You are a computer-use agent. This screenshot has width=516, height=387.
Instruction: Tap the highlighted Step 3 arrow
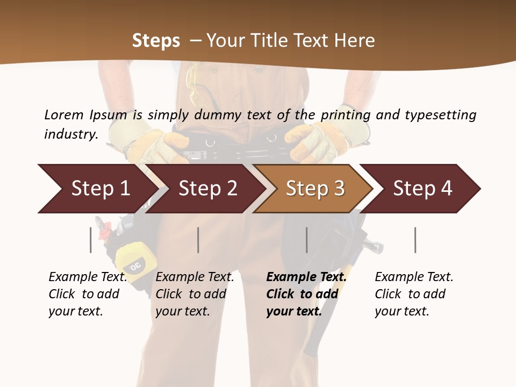(315, 189)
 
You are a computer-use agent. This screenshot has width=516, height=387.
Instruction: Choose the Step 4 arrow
(422, 189)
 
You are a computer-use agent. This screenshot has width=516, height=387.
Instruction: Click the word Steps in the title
(156, 40)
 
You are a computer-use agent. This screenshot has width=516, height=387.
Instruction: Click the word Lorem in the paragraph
(64, 114)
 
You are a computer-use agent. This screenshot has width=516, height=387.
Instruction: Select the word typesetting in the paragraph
(440, 114)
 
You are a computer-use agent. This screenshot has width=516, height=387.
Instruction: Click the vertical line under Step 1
(91, 240)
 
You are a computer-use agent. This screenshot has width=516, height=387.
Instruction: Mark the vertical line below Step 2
(198, 240)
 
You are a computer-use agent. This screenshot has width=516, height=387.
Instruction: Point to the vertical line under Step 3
(307, 240)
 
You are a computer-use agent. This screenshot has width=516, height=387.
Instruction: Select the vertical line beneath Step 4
(415, 240)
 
